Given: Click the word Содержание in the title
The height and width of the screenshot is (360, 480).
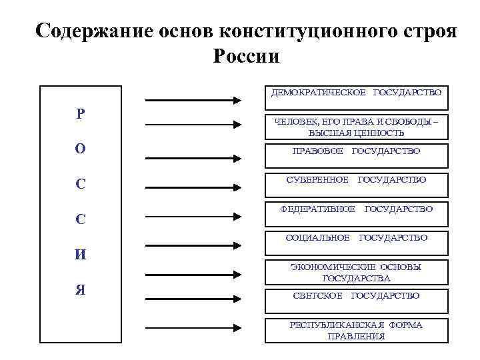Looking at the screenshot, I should tap(91, 31).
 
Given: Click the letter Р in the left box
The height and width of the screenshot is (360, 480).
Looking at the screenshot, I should tap(80, 114).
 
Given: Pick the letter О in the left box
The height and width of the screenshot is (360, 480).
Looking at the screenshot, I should tap(80, 149).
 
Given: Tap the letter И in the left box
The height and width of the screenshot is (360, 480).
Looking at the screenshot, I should tap(80, 254).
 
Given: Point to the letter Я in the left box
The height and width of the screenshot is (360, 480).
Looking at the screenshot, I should tap(80, 290).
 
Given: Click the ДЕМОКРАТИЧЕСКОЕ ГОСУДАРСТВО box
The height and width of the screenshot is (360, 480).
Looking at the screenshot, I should tap(356, 97).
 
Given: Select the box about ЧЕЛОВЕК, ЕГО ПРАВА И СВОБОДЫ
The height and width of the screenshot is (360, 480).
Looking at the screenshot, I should tap(356, 127).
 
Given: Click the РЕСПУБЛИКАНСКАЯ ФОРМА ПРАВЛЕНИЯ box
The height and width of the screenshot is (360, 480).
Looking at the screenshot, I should tap(356, 330).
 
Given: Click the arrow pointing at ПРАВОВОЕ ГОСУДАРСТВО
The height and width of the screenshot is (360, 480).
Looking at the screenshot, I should tap(193, 159).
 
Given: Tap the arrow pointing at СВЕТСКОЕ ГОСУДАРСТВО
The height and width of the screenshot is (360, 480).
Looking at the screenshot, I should tap(193, 301).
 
